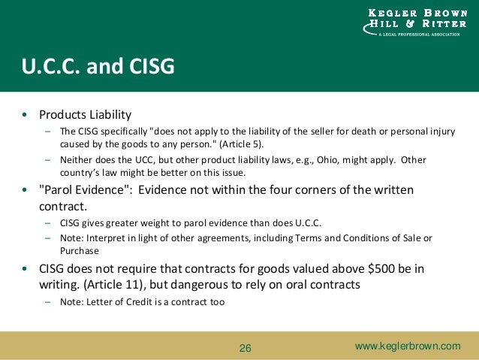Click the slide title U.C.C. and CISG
click(98, 67)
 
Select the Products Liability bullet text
click(85, 115)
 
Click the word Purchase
click(79, 251)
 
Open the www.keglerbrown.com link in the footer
click(408, 346)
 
